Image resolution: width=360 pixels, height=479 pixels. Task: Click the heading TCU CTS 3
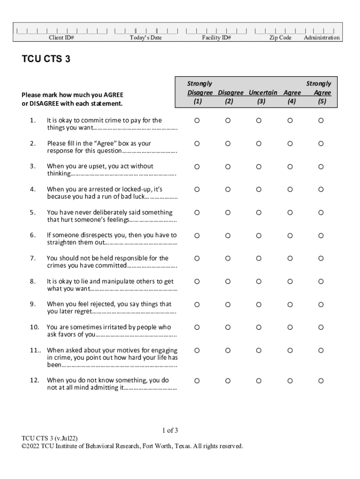click(46, 59)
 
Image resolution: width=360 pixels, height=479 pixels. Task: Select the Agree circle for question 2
click(290, 144)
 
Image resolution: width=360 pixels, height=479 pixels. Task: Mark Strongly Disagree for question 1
click(197, 121)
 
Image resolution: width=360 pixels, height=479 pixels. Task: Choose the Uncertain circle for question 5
click(259, 212)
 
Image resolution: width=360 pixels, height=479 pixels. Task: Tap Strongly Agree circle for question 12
click(321, 381)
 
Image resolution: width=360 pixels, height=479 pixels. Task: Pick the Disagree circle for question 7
click(228, 258)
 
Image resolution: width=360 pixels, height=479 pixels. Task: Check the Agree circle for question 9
click(290, 305)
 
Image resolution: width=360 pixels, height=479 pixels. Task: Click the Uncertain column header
click(263, 93)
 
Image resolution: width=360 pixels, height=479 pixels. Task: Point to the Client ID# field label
click(62, 38)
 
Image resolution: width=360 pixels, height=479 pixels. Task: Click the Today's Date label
click(145, 38)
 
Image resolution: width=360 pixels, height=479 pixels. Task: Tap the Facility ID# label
click(216, 38)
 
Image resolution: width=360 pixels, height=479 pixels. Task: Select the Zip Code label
click(280, 38)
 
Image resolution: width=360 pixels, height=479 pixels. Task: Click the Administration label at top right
click(322, 38)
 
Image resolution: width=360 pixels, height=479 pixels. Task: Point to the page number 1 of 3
click(170, 430)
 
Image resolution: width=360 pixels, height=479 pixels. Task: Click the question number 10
click(35, 327)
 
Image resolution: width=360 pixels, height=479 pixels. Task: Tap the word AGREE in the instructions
click(114, 95)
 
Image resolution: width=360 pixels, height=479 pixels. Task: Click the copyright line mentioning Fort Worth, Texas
click(132, 446)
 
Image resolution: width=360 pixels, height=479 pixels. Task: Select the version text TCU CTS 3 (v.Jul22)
click(50, 438)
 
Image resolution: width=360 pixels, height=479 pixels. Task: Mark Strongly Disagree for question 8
click(197, 281)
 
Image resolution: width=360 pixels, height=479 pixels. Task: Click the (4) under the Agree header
click(292, 102)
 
